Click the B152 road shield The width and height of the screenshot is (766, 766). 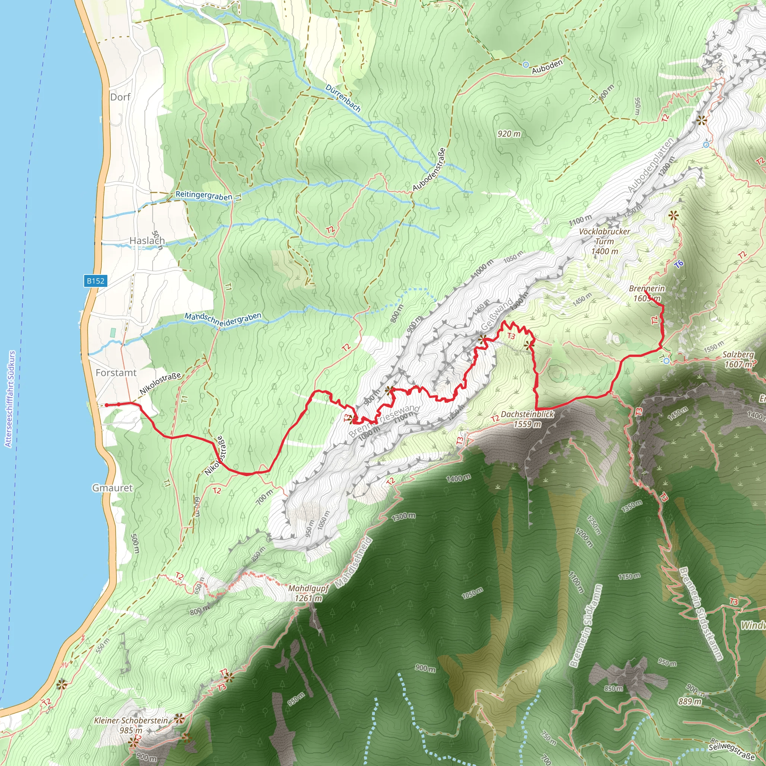(x=95, y=281)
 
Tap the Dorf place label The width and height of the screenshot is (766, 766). (x=120, y=97)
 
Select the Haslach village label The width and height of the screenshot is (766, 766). (x=147, y=240)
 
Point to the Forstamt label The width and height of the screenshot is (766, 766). (x=116, y=373)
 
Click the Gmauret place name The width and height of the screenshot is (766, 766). (x=113, y=488)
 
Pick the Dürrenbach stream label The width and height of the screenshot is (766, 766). (x=343, y=98)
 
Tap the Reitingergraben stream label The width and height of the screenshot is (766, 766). (x=204, y=196)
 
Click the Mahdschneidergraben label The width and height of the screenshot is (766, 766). (x=223, y=319)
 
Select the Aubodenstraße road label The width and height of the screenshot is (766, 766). (x=429, y=169)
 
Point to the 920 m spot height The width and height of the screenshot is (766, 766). (x=509, y=134)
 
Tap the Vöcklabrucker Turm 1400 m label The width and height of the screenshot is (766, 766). (x=604, y=241)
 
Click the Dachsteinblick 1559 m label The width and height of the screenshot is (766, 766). (x=527, y=419)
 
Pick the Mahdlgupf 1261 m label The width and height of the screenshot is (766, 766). (x=308, y=593)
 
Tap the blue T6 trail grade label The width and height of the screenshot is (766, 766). (x=679, y=264)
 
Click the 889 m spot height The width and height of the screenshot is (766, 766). (x=690, y=701)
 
